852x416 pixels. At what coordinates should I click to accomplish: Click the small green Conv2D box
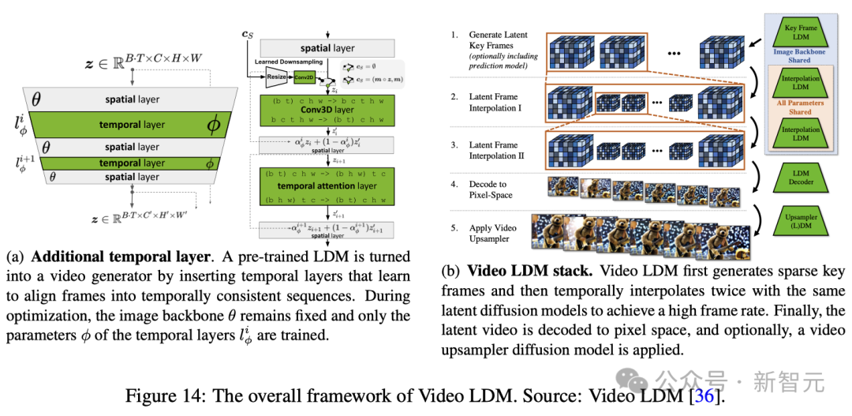[305, 78]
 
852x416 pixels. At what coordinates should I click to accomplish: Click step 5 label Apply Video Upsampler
[492, 232]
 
